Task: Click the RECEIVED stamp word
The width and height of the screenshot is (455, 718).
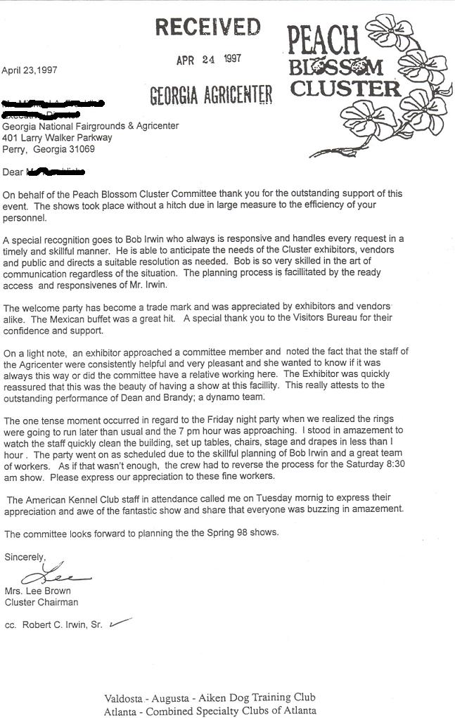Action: pos(207,28)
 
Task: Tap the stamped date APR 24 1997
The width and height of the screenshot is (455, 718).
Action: pos(208,60)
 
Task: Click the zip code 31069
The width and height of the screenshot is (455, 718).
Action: pos(81,149)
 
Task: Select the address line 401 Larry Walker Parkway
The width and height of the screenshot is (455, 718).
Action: pos(57,138)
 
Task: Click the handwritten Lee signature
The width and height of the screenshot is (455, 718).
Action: pos(50,574)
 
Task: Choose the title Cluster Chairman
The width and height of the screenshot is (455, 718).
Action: pos(41,602)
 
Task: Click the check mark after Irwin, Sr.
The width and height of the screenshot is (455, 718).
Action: pos(119,622)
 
